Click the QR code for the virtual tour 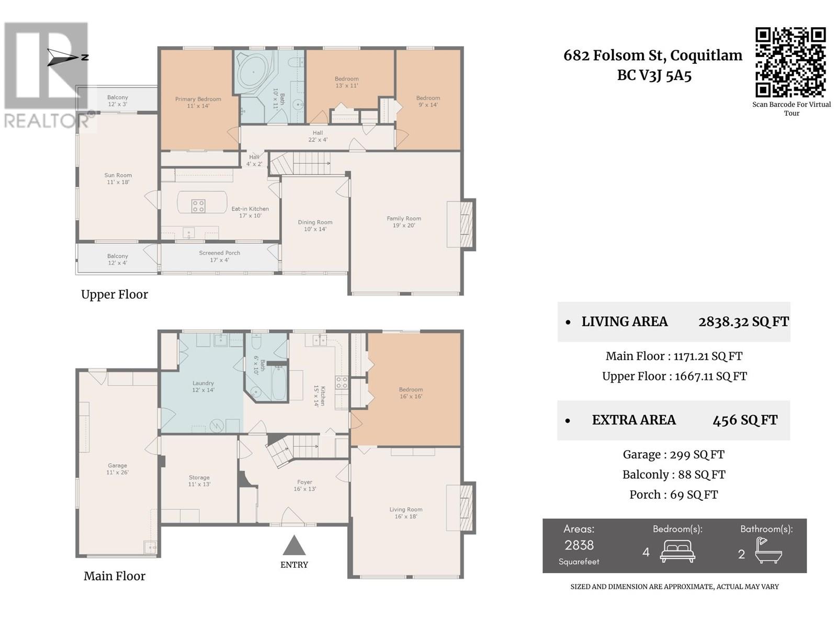[790, 62]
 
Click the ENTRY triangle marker [294, 545]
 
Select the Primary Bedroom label [198, 102]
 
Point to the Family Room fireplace [461, 225]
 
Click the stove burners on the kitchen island [198, 206]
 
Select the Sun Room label [118, 178]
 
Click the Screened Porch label [219, 256]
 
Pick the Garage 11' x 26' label [117, 468]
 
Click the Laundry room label [203, 386]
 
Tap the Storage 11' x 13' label [199, 480]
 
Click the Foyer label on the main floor [304, 485]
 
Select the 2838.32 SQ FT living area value [743, 321]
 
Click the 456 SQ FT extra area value [745, 420]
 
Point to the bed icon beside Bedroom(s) [677, 552]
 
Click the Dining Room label [315, 226]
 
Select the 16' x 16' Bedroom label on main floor [411, 392]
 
